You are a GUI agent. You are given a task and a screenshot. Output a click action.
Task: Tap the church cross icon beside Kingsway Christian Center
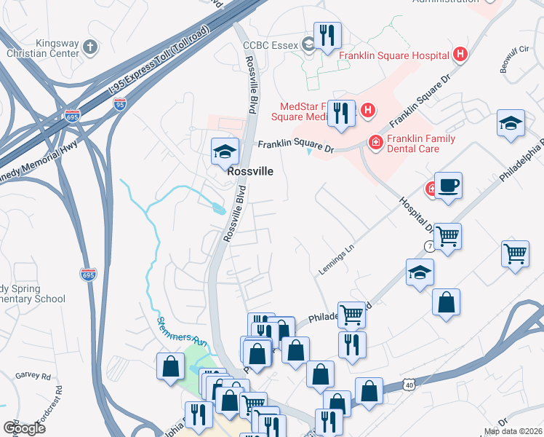click(89, 48)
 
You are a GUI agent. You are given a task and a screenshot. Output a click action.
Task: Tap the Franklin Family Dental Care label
click(421, 144)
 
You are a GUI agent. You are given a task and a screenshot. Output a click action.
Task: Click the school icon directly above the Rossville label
click(225, 151)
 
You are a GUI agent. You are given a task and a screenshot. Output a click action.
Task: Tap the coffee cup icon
click(448, 185)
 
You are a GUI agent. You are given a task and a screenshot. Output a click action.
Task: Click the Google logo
click(24, 428)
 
